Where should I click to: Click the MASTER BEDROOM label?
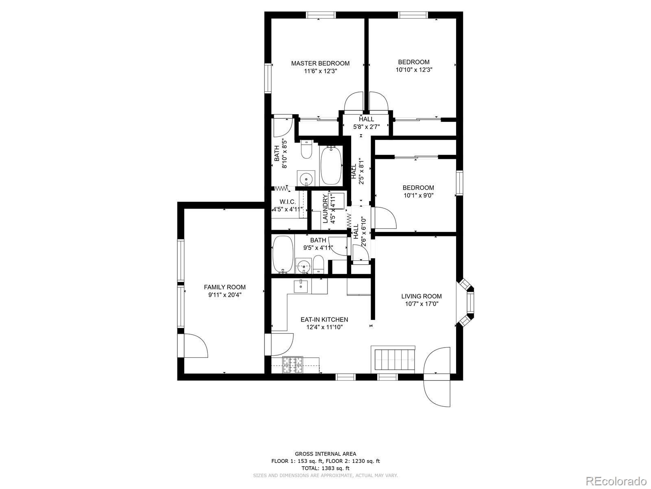pos(320,63)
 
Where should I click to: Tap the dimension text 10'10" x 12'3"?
pos(413,70)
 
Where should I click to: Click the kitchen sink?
pos(301,286)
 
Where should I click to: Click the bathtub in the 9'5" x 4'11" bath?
pos(282,254)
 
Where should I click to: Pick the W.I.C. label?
pos(287,202)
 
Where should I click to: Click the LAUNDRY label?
pos(325,209)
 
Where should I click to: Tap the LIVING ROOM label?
pos(421,296)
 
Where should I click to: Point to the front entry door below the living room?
pos(437,391)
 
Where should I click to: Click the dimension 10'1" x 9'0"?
pos(418,195)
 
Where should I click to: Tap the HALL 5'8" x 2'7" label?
pos(366,123)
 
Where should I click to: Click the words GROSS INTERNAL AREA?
pos(325,454)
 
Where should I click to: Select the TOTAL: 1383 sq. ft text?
pos(325,468)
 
